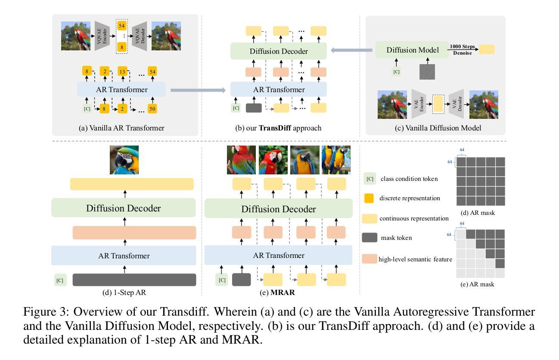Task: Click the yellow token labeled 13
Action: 122,71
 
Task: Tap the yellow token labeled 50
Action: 152,109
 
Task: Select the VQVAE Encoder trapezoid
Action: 102,36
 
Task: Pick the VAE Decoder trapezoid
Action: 456,104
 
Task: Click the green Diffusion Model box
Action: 412,50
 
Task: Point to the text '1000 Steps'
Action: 462,47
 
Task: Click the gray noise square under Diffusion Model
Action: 427,72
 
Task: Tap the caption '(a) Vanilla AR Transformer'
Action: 121,128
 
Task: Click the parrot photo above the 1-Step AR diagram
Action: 124,160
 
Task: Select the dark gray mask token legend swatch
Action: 370,238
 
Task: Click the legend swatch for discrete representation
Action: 369,198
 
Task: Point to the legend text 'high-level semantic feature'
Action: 415,259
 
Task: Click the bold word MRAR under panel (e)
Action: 283,292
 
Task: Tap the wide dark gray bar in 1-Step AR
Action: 134,279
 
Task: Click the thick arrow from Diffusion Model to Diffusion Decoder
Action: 351,50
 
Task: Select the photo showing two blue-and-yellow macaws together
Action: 336,160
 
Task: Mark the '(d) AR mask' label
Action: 478,213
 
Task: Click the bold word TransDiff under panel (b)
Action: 275,128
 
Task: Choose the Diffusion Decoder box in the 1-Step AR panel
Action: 124,208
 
